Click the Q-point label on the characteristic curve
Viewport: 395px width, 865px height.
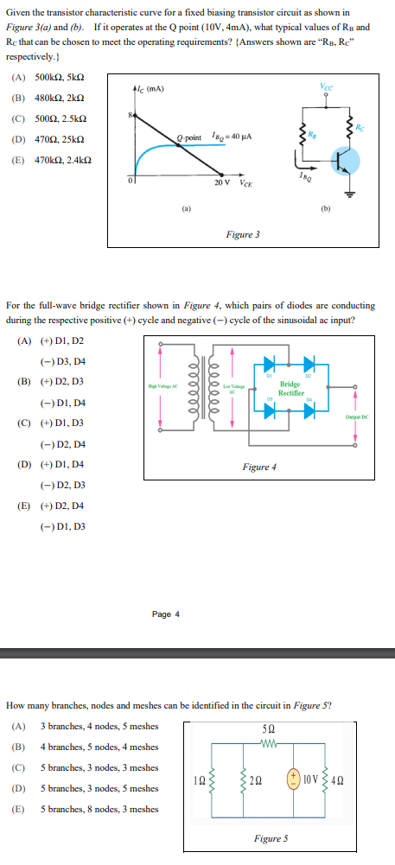188,137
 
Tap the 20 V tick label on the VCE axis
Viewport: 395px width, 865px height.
222,182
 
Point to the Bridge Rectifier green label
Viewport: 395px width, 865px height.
290,387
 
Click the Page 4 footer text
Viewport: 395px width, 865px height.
166,614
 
